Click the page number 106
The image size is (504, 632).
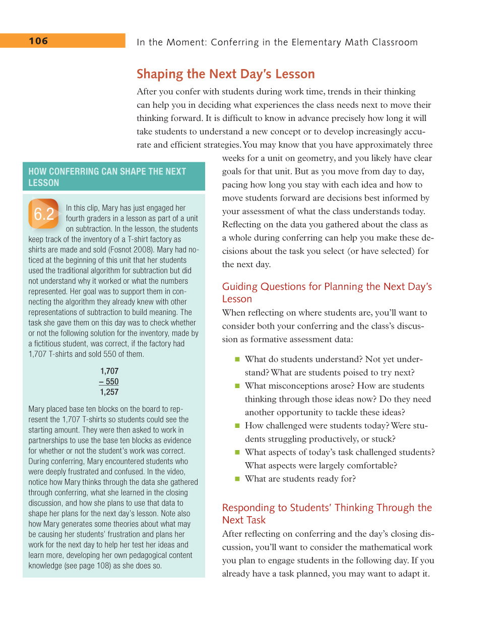(38, 41)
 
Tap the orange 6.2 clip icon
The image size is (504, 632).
(43, 214)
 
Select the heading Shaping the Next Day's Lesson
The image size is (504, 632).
(225, 74)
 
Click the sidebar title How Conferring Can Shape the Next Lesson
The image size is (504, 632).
(107, 177)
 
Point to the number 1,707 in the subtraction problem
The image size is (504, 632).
(109, 371)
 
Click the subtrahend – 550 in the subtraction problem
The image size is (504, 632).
(109, 382)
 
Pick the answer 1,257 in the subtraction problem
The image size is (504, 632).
(109, 392)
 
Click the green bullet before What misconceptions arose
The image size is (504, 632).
(237, 386)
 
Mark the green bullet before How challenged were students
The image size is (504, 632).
(237, 425)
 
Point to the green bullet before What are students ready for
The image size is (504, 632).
(237, 479)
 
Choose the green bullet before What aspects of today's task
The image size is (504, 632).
(237, 452)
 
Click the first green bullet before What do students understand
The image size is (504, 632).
(237, 359)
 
